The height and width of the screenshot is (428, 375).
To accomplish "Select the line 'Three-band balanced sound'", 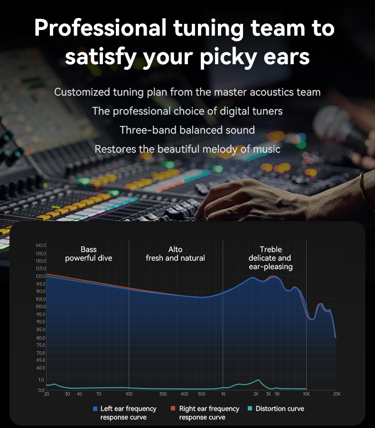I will point(187,130).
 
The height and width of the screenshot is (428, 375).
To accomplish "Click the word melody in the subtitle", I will point(224,149).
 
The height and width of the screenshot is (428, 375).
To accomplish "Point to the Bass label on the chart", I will point(88,249).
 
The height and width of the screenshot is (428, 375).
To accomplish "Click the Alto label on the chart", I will point(175,249).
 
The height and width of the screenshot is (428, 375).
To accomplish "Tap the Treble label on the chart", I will point(271,249).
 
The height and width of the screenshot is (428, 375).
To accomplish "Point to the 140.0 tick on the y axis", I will point(41,245).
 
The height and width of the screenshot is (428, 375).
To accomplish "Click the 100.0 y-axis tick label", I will point(41,306).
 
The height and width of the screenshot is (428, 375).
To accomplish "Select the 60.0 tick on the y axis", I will point(41,368).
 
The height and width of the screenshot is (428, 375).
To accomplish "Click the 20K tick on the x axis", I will point(336,394).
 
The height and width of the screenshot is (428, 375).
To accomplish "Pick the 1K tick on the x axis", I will point(223,394).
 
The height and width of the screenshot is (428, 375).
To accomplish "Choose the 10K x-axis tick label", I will point(306,394).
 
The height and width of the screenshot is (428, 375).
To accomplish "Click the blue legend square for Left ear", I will point(95,409).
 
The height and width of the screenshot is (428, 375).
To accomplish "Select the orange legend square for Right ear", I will point(173,409).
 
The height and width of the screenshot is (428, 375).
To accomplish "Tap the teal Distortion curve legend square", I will point(250,409).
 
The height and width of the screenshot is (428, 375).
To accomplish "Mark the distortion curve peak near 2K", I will point(258,380).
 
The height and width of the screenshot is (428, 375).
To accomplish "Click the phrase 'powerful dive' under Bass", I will point(89,258).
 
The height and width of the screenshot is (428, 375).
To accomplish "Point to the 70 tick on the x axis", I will point(98,394).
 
